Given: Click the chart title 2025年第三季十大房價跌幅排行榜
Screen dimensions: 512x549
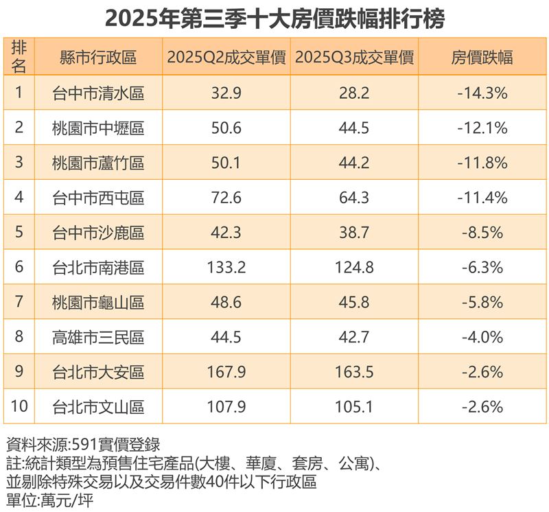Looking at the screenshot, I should (274, 17).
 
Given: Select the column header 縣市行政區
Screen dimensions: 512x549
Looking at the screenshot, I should (98, 58).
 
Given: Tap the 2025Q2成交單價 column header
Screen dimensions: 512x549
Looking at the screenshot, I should (226, 58).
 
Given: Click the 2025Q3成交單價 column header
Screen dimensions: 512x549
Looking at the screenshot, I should (354, 58).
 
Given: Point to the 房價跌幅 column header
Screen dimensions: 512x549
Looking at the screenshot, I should (482, 58).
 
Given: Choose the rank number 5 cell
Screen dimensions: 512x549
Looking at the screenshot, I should (19, 233).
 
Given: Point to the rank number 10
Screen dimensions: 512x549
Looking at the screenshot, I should (19, 407).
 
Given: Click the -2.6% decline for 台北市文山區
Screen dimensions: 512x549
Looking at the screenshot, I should (482, 407).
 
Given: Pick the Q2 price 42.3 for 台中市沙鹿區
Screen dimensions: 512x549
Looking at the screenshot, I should (226, 233).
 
